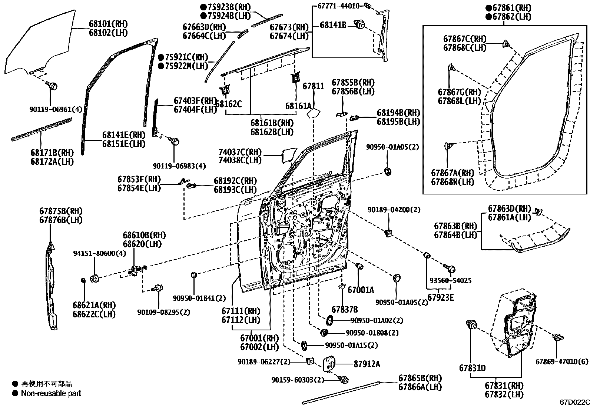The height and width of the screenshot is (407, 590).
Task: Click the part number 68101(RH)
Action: (108, 24)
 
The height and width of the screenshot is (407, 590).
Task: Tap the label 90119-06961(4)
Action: (56, 110)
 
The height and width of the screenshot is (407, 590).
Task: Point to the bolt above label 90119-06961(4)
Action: (52, 86)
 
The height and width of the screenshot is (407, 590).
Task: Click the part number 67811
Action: (313, 86)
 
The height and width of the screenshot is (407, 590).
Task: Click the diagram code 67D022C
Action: (574, 402)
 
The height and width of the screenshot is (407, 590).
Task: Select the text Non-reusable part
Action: (51, 393)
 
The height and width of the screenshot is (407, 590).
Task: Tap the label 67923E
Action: (441, 297)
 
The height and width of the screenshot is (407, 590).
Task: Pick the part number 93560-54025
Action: (450, 281)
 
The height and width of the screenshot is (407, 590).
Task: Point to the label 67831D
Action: (472, 368)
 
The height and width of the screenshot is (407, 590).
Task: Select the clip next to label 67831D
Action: (472, 326)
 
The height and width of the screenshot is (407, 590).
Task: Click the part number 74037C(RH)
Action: (240, 152)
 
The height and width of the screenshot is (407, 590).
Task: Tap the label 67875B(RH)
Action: (61, 211)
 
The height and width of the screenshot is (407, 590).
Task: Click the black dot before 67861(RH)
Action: (489, 8)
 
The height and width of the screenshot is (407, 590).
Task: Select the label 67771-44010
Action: (338, 6)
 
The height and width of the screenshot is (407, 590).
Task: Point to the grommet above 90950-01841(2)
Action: (193, 274)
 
